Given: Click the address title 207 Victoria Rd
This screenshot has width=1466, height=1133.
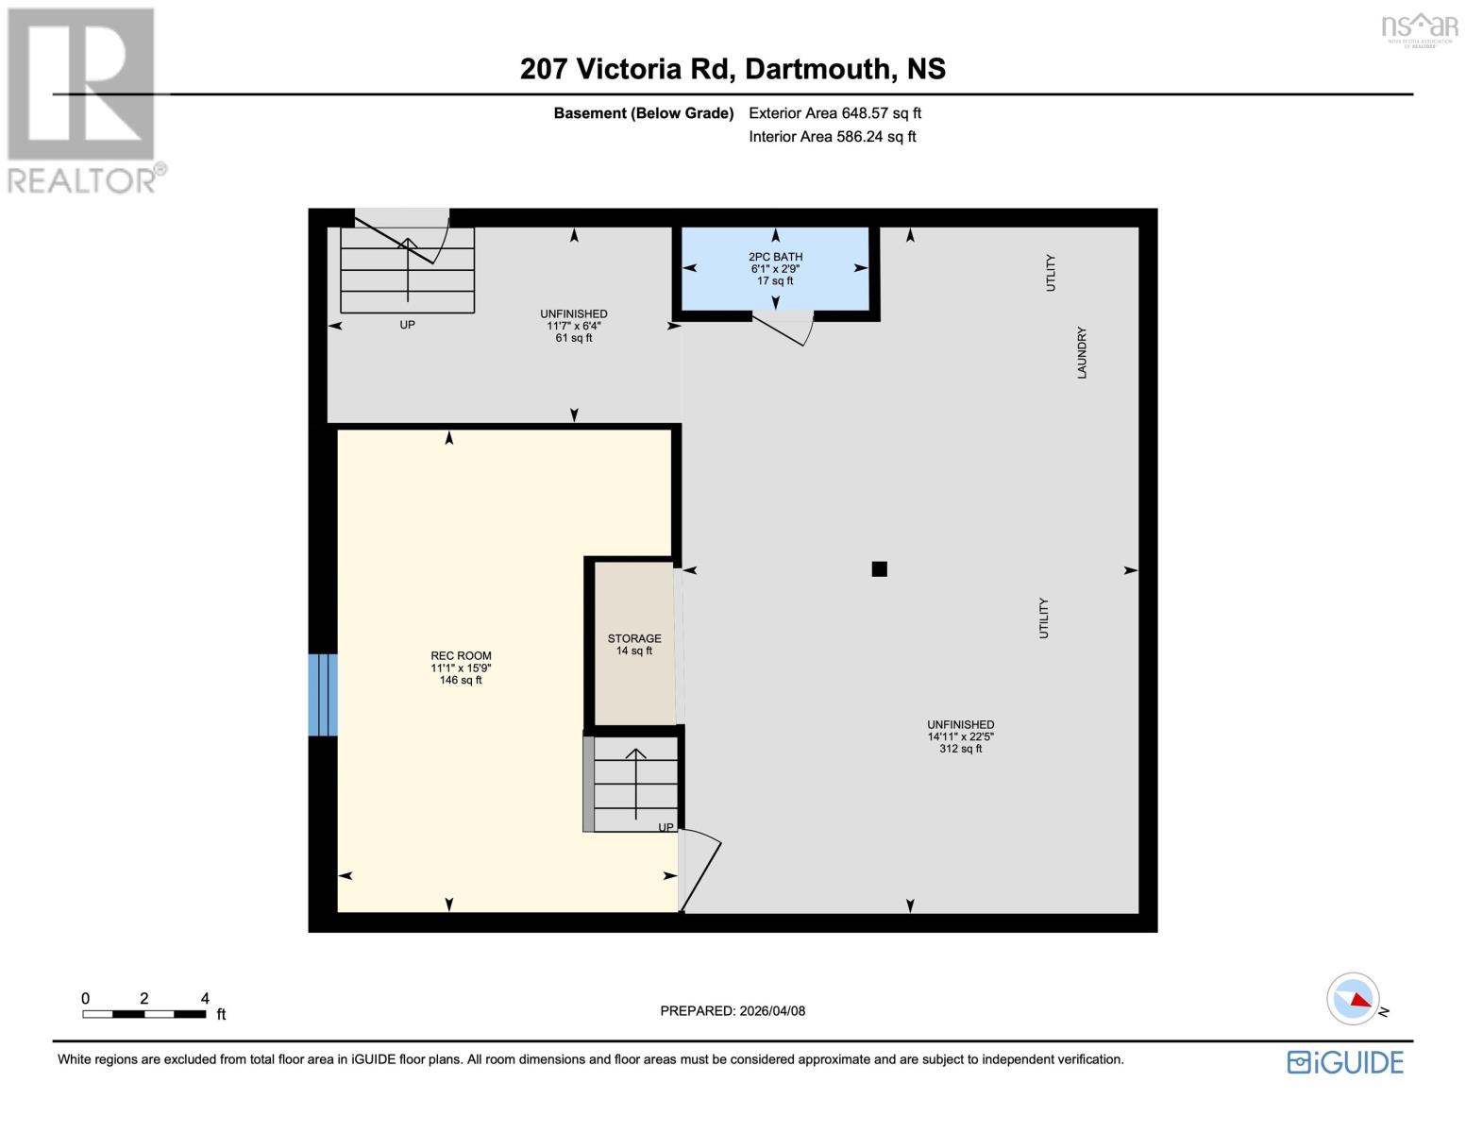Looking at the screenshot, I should (x=733, y=69).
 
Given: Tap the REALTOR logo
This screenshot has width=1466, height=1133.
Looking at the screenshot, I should (x=83, y=100).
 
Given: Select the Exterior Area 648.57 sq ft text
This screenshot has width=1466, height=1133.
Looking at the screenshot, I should (x=834, y=113).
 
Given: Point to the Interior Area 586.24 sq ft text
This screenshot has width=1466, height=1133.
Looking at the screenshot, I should (x=832, y=137).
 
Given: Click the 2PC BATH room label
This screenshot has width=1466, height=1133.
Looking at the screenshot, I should (x=775, y=257).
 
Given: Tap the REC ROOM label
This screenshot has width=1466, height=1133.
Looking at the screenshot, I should (x=461, y=655).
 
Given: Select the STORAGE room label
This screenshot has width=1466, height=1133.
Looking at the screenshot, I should (x=633, y=638).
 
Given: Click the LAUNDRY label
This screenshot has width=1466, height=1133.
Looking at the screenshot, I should (x=1082, y=353).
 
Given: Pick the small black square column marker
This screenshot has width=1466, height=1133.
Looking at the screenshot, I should (x=879, y=568).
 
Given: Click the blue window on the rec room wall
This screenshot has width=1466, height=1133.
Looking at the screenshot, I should (x=323, y=694).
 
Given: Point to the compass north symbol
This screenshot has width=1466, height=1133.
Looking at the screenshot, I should (x=1355, y=998).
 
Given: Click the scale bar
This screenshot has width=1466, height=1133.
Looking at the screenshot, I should (x=144, y=1014).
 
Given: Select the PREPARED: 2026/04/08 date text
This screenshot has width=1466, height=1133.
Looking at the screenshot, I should (x=733, y=1010).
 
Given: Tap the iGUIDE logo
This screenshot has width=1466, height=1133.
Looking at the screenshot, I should (x=1345, y=1062).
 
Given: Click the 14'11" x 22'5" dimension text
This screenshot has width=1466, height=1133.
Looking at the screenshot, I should (x=960, y=736).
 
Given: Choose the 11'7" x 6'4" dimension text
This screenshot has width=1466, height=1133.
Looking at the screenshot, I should (x=574, y=326).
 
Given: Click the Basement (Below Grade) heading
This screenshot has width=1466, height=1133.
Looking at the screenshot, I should (x=643, y=113).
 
